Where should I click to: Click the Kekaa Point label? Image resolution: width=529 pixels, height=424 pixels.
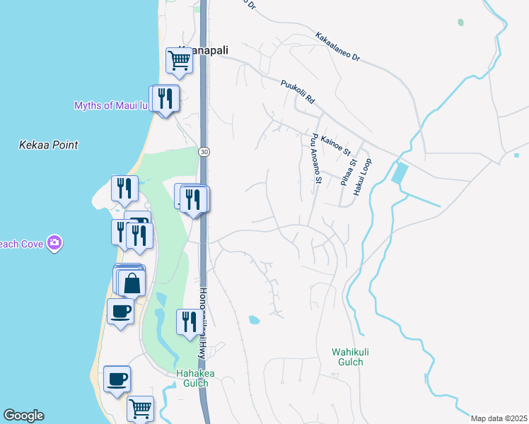48,145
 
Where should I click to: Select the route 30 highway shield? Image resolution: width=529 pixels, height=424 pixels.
204,152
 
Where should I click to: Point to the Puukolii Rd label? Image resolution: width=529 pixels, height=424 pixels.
297,91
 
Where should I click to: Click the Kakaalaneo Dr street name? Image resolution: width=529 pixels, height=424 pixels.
337,47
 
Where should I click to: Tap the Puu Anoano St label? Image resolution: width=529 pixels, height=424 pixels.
313,159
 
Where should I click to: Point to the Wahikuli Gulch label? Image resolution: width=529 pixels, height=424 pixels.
347,356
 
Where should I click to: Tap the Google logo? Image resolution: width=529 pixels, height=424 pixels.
23,416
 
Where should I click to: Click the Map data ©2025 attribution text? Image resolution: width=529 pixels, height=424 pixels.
498,418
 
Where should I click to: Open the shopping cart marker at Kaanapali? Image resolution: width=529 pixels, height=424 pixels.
180,60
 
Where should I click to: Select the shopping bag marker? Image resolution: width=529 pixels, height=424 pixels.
132,283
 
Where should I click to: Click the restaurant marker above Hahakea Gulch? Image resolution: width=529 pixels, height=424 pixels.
188,322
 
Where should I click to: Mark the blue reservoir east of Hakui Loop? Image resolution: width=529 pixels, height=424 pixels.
399,173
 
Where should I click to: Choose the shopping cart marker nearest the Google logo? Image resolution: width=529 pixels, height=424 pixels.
140,408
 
